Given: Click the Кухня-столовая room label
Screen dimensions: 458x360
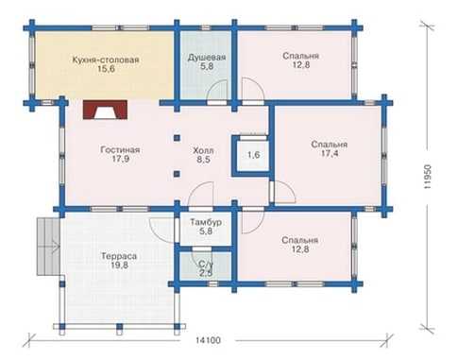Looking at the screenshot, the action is [x=106, y=60].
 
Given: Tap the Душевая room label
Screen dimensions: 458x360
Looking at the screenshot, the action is [x=207, y=58].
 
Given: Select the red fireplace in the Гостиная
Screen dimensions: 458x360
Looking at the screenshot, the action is [x=105, y=110].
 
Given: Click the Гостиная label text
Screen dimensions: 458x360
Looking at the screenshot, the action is [x=120, y=149].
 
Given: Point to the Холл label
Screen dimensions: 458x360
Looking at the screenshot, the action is [x=203, y=150].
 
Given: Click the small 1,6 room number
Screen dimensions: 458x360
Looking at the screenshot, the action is [x=253, y=155].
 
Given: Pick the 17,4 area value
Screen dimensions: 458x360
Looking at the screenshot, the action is [x=330, y=154].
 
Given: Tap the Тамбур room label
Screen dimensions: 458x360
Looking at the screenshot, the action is [x=206, y=222].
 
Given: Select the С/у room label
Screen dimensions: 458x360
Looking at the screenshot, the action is [x=206, y=265].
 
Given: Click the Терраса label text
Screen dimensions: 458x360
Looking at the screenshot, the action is [x=119, y=256].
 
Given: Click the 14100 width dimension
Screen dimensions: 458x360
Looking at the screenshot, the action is [x=208, y=340].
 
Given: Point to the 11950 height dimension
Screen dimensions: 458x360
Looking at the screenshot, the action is [x=427, y=177].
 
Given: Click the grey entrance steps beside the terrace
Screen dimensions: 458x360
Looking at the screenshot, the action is [x=48, y=247].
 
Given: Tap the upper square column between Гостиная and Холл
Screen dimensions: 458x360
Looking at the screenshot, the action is [x=177, y=138].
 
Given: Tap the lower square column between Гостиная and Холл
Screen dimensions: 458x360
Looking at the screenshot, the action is [x=177, y=174].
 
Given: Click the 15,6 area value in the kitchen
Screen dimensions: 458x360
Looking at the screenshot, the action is [x=106, y=69].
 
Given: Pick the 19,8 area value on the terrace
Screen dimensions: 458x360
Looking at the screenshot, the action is [x=119, y=266].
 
